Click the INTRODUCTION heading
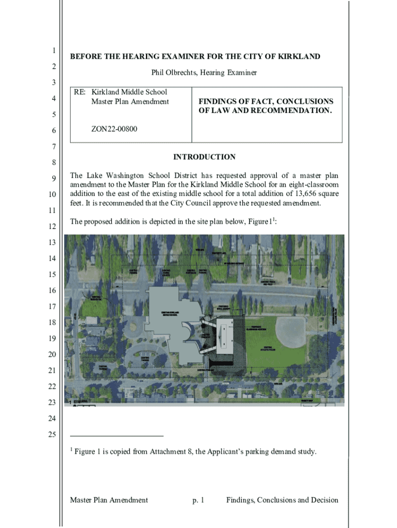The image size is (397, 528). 205,157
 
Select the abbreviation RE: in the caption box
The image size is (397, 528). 80,92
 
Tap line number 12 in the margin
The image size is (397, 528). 52,227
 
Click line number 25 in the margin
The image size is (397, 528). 52,435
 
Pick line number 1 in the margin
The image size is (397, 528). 53,51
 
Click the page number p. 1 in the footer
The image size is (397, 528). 198,500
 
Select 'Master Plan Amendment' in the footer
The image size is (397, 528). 109,500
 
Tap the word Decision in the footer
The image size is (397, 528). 323,500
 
